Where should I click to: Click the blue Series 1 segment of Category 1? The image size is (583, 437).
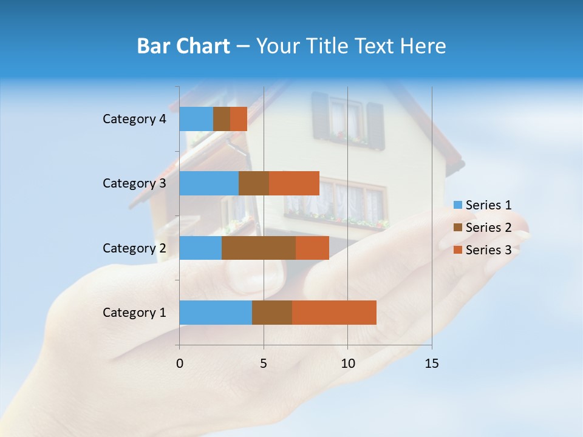coord(216,312)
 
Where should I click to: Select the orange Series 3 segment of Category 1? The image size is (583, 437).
coord(334,312)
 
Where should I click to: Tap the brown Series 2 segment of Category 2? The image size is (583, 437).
coord(259,248)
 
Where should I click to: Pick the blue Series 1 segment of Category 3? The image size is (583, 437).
coord(209,183)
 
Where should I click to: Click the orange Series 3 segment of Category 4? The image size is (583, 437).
coord(239,119)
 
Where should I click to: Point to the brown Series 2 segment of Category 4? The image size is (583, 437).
coord(222,119)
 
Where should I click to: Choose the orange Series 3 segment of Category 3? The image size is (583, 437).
coord(294,183)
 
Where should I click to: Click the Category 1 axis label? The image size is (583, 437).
coord(134,313)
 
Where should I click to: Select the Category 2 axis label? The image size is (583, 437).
coord(134,248)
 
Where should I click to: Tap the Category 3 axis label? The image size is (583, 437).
coord(134,183)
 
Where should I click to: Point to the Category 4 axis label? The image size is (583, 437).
coord(134,119)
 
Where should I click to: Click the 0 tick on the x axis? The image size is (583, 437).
coord(180,364)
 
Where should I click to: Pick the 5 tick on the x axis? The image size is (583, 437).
coord(264,364)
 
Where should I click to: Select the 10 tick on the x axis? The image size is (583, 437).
coord(347,364)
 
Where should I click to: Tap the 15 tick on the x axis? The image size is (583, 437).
coord(431,364)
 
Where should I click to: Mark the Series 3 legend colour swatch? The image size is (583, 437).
coord(458,250)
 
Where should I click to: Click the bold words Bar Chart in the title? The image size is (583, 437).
coord(183,46)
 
